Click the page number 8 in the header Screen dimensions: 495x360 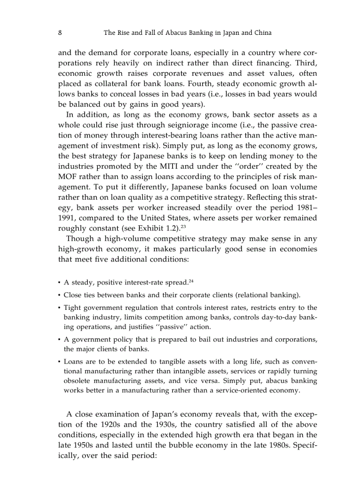60,33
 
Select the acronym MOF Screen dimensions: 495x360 68,176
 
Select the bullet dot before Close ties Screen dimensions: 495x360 59,295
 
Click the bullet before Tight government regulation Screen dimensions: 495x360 59,308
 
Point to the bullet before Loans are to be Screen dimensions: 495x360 59,361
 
